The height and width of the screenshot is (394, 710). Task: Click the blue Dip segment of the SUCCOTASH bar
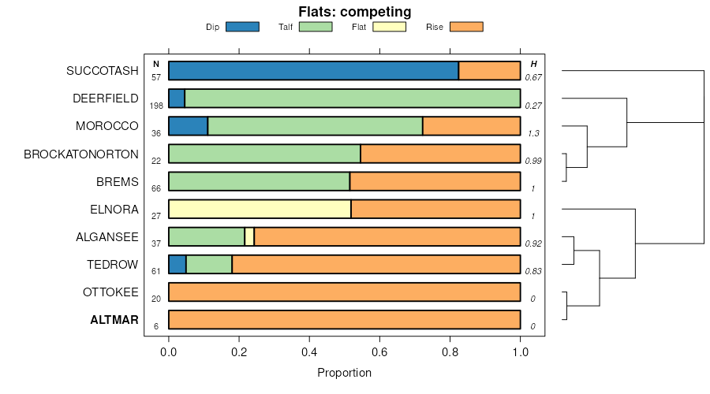313,71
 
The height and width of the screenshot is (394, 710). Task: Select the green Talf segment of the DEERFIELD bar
352,98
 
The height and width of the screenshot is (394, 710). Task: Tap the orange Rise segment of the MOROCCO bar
471,126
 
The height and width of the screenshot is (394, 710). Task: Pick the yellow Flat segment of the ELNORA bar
260,210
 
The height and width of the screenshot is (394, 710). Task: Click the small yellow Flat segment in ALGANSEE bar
249,237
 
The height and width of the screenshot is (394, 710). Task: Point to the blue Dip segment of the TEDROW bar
177,265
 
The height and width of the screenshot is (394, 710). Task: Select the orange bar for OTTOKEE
344,292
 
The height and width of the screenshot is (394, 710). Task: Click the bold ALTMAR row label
114,321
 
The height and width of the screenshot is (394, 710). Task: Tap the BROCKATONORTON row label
81,154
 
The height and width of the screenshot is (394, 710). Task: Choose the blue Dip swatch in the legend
242,27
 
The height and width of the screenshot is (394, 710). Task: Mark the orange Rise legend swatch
465,27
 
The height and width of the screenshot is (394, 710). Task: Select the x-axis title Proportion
344,373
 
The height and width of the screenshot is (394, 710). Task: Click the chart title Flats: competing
354,12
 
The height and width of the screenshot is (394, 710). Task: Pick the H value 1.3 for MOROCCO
532,133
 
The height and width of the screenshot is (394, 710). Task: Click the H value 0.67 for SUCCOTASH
533,77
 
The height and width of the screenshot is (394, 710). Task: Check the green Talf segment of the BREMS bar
259,182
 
